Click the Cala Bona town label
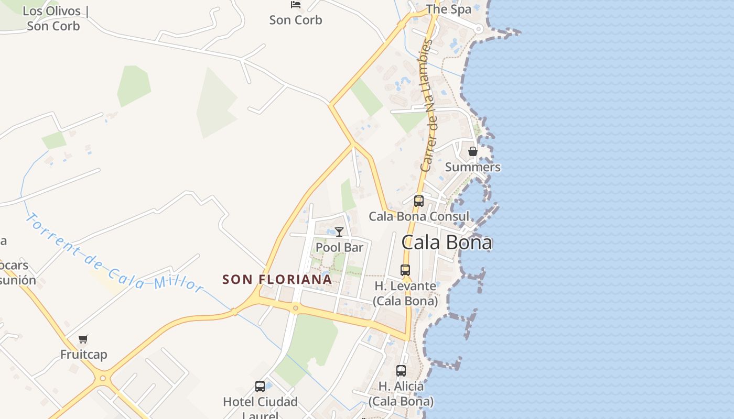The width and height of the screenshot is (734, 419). tap(447, 242)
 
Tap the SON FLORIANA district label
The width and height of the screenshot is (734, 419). tap(277, 280)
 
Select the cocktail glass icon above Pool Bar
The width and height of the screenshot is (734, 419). tap(339, 231)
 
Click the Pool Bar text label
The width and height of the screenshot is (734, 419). tap(339, 247)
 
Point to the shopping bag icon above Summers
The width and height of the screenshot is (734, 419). tap(472, 152)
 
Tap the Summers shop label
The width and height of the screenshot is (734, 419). tap(472, 167)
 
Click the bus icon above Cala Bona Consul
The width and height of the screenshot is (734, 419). tap(418, 201)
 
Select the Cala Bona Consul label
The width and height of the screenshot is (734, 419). tap(419, 216)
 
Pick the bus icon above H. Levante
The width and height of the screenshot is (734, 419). tap(405, 270)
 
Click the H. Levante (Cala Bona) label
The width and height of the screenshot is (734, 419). tap(405, 293)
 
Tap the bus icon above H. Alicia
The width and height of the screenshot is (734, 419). tap(401, 371)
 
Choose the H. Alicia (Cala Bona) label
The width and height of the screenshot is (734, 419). tap(401, 393)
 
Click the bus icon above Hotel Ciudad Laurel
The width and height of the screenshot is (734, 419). tap(260, 387)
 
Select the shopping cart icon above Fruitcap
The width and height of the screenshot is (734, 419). tap(83, 339)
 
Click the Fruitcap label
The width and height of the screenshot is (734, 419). tap(83, 355)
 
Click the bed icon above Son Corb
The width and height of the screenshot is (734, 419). tap(296, 5)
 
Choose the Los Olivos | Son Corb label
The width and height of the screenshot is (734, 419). tap(53, 18)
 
